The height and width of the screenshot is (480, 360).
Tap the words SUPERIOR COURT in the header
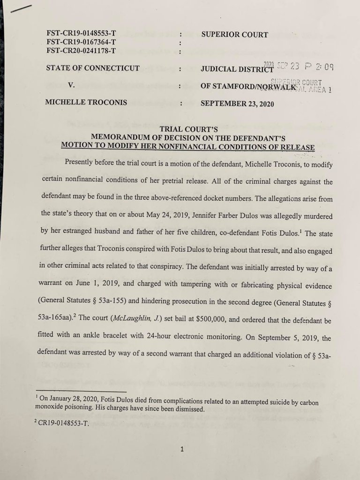[234, 34]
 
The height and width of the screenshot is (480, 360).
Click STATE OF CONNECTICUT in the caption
[92, 68]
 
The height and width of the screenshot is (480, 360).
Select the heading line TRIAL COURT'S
[187, 128]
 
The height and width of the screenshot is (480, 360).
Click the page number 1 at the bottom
[182, 449]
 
